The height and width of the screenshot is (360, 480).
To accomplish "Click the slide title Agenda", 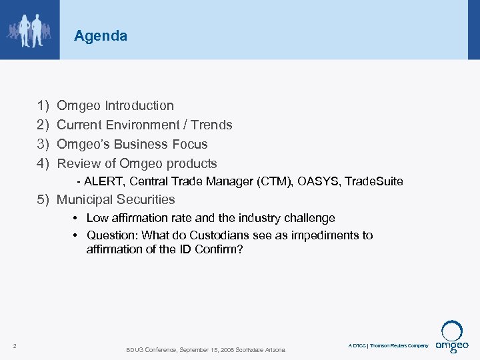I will pos(101,36).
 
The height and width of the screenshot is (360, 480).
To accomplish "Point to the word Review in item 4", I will pos(78,163).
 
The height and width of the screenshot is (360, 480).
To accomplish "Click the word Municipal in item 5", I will pos(85,199).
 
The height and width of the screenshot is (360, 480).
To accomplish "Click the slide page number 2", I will pos(15,345).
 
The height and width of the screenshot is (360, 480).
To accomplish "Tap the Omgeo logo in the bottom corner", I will pos(452,338).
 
